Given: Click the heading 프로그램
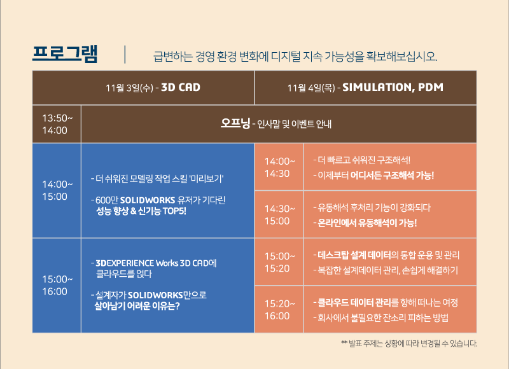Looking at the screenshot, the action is tap(65, 54).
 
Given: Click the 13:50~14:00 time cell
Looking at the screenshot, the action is tap(57, 124).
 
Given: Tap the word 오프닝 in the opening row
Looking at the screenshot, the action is tap(235, 123).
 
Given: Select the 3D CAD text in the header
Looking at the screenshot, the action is tap(181, 87).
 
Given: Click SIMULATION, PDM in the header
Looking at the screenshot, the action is tap(393, 87).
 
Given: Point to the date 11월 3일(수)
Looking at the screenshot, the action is tap(129, 88).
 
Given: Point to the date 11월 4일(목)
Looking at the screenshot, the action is tap(311, 88).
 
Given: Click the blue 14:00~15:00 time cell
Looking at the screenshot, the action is tap(57, 190).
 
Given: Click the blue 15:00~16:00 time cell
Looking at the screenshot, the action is tap(57, 286).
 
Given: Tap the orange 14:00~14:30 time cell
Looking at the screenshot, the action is tap(279, 167).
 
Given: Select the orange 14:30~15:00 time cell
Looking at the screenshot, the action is tap(279, 214).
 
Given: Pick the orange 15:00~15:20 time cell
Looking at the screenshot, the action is tap(279, 262).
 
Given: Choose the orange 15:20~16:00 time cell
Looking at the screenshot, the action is tap(279, 310).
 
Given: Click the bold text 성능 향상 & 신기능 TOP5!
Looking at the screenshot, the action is tap(141, 211).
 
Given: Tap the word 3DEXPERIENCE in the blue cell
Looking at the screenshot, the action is tap(125, 263).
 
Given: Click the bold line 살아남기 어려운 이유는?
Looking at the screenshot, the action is tap(137, 306).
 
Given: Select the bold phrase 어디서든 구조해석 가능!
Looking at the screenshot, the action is tap(392, 176).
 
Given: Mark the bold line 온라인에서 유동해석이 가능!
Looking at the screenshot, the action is tap(367, 223).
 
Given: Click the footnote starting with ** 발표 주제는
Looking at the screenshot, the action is tap(409, 344).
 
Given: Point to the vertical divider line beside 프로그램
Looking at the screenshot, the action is tap(125, 55).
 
